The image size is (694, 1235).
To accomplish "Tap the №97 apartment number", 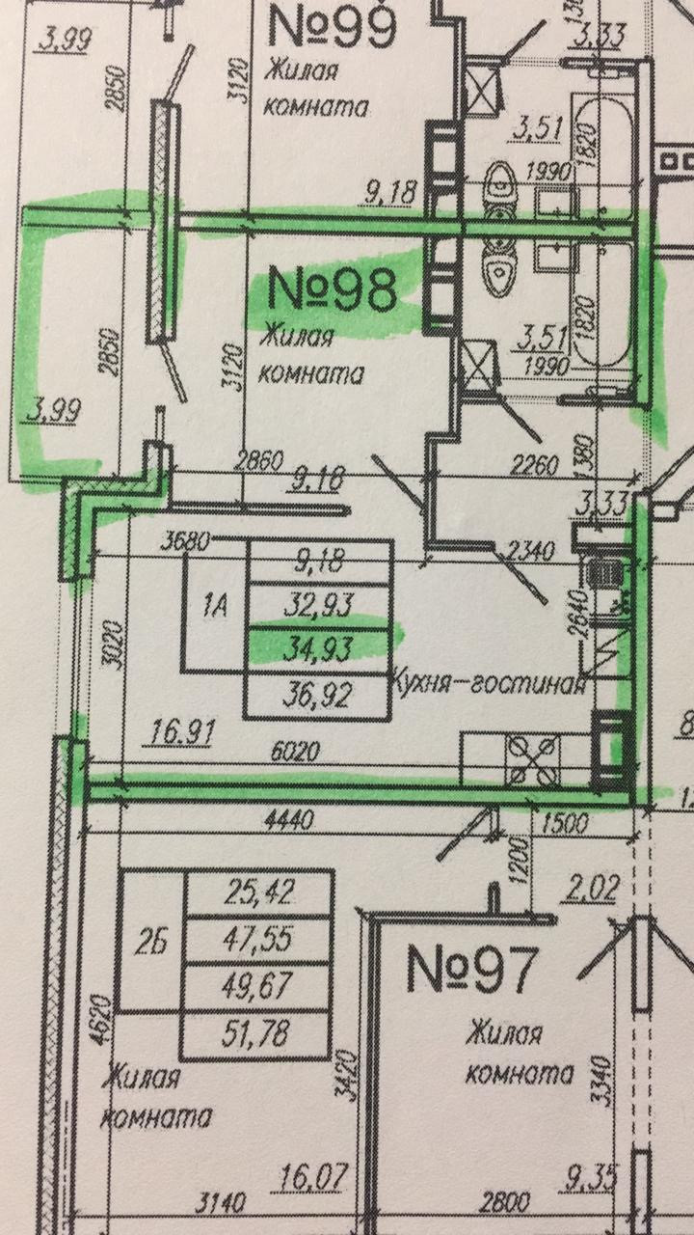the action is click(469, 968).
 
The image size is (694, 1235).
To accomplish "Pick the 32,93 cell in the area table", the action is click(319, 605).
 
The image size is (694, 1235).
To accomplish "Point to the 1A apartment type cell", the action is click(216, 606).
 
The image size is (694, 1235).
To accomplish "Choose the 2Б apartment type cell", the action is click(148, 939).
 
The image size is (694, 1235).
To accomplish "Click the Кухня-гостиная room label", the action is click(489, 684).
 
